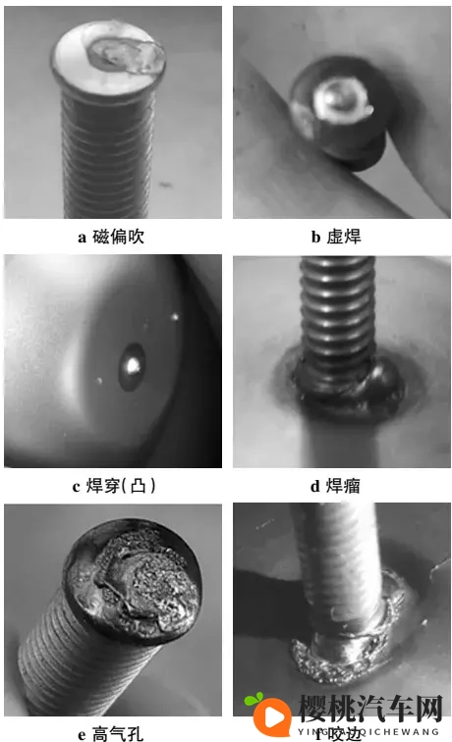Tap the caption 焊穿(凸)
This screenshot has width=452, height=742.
(122, 486)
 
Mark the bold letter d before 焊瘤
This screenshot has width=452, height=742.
(315, 486)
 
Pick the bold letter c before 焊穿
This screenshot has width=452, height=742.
(77, 486)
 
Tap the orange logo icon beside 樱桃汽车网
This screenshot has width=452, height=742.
(266, 714)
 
